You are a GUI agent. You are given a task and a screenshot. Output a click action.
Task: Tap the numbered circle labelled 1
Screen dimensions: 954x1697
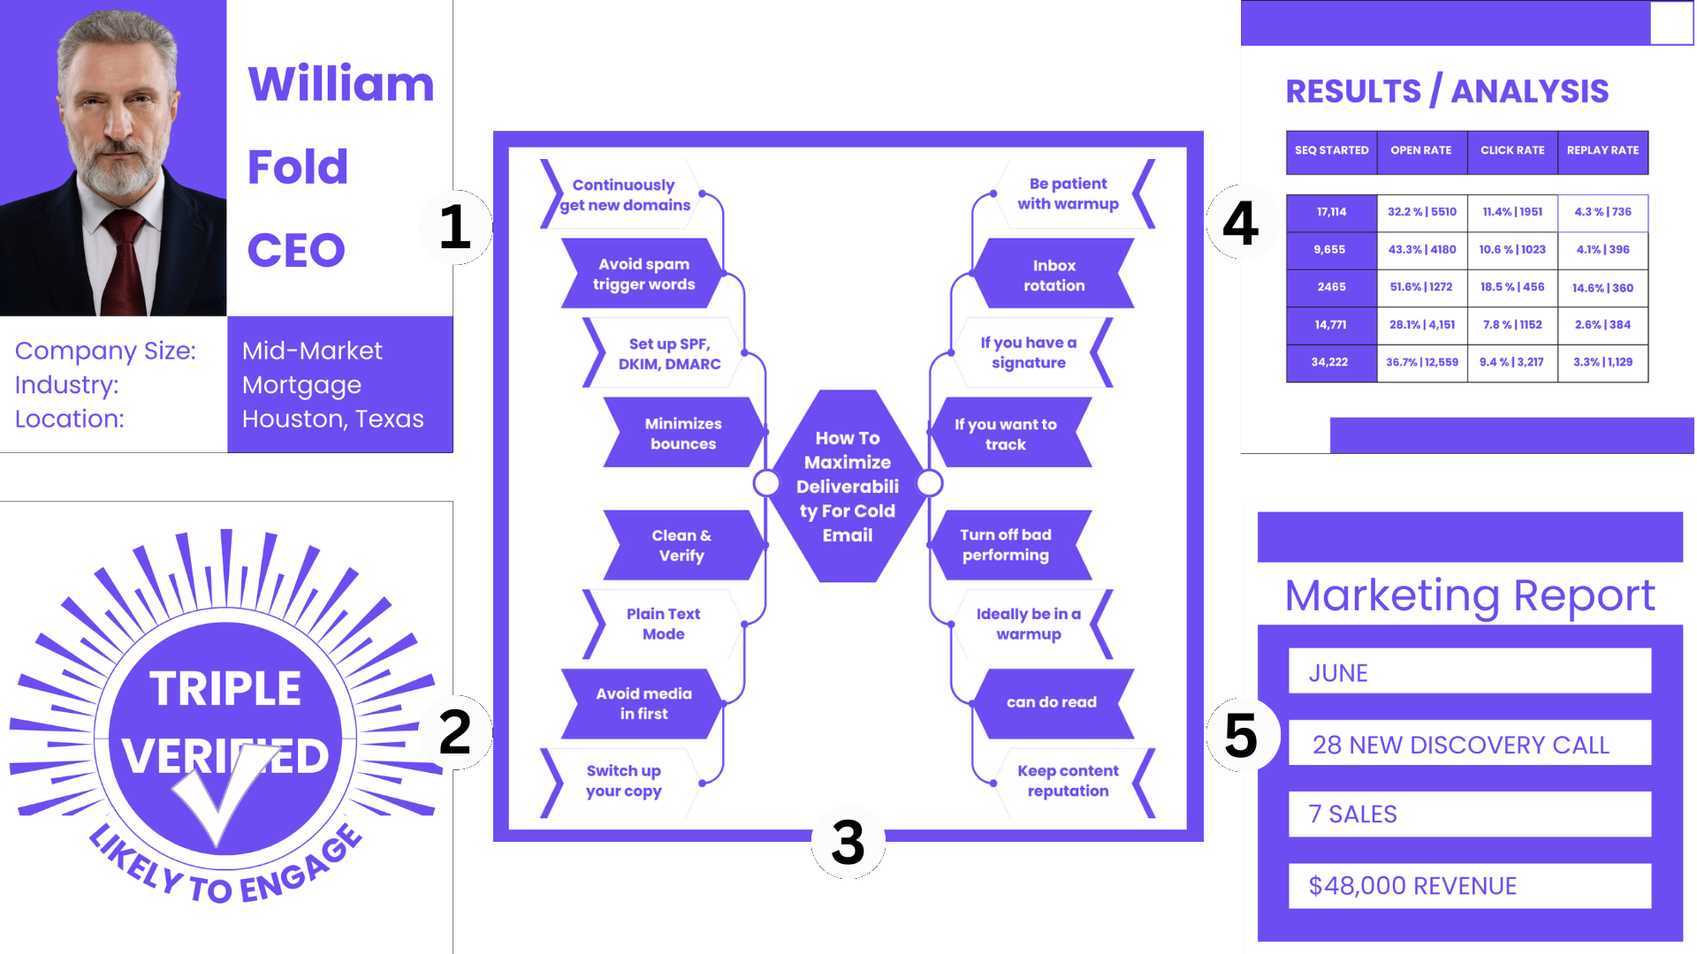click(x=455, y=227)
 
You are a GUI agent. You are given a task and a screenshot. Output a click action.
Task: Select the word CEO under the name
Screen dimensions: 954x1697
click(x=296, y=250)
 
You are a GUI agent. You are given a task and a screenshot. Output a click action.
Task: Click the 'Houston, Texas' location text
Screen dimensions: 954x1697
click(x=333, y=419)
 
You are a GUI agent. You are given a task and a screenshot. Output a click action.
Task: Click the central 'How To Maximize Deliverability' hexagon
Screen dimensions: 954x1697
click(x=848, y=486)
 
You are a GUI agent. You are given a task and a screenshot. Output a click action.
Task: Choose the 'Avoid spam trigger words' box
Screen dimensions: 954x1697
click(x=643, y=274)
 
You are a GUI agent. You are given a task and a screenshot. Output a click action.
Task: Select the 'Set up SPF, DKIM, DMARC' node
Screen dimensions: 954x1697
click(x=669, y=353)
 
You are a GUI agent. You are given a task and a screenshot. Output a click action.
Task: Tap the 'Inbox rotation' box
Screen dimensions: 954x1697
click(x=1054, y=275)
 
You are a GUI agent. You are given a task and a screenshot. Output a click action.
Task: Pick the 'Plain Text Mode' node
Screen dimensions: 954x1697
click(x=663, y=624)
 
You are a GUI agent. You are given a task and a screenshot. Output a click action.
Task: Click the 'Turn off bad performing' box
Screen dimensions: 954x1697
click(x=1006, y=545)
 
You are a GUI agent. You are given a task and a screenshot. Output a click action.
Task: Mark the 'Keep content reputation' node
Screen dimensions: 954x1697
click(x=1068, y=781)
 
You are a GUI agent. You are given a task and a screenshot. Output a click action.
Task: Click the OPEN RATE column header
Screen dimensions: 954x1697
click(x=1421, y=150)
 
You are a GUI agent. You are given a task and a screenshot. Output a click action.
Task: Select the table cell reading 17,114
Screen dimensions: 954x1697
click(x=1331, y=212)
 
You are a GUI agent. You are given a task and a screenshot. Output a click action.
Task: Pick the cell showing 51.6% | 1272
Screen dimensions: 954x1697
click(x=1421, y=287)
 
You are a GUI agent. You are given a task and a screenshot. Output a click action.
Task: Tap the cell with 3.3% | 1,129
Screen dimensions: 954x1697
click(x=1602, y=362)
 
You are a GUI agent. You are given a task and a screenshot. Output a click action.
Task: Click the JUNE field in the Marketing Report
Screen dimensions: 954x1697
click(x=1469, y=672)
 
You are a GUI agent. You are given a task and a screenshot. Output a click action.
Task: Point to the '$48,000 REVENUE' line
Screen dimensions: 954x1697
click(x=1469, y=885)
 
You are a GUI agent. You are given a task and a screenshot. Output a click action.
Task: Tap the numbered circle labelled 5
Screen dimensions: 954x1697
click(x=1242, y=735)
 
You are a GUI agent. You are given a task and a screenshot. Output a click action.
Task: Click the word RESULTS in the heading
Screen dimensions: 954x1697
click(x=1353, y=92)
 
